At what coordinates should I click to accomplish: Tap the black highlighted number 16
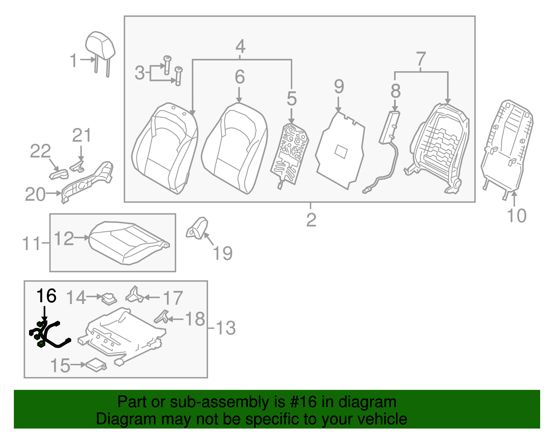pyautogui.click(x=46, y=296)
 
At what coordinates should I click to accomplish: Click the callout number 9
pyautogui.click(x=339, y=86)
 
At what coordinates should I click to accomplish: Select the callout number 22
pyautogui.click(x=40, y=151)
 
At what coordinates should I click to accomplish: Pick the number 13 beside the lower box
pyautogui.click(x=226, y=328)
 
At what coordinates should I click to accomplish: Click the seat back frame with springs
pyautogui.click(x=439, y=145)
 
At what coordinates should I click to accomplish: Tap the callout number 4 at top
pyautogui.click(x=240, y=47)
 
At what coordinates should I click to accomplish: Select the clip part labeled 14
pyautogui.click(x=109, y=298)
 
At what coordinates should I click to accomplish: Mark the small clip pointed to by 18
pyautogui.click(x=162, y=316)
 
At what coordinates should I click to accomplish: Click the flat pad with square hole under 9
pyautogui.click(x=340, y=150)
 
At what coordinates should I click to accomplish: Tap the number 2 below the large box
pyautogui.click(x=311, y=220)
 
